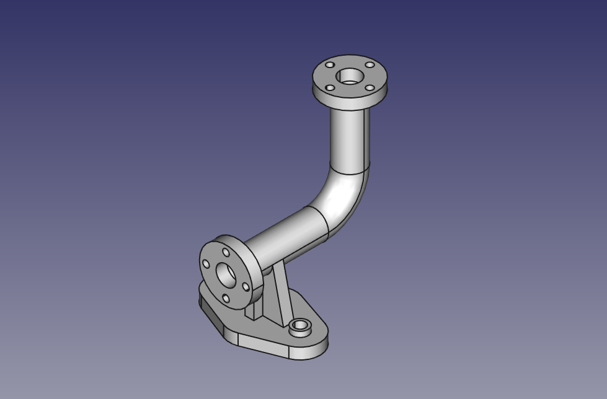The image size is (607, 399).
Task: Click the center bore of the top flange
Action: click(350, 77)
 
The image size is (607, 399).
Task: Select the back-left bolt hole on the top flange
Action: click(330, 65)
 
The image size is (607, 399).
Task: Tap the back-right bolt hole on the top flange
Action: click(370, 65)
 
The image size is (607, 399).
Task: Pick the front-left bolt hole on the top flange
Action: click(330, 87)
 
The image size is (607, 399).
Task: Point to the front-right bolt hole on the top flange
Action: click(370, 88)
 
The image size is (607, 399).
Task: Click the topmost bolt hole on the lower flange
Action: click(226, 253)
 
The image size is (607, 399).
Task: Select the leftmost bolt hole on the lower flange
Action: click(206, 265)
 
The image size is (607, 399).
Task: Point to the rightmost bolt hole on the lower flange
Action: click(246, 287)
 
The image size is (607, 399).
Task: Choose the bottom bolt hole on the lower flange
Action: click(226, 299)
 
